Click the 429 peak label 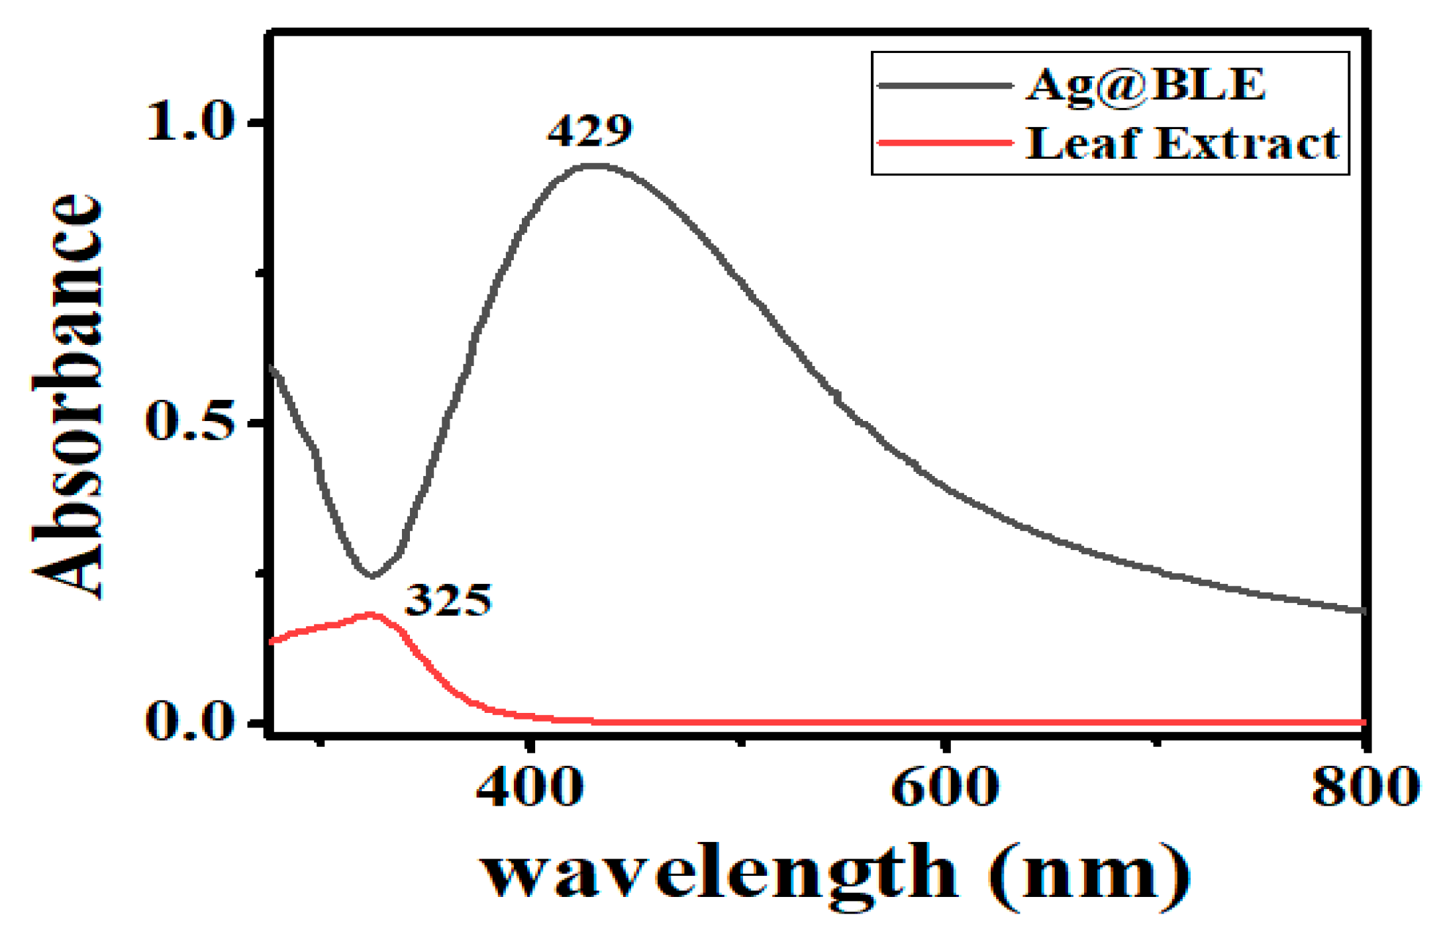(x=589, y=130)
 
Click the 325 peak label (x=448, y=600)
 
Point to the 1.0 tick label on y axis (x=190, y=122)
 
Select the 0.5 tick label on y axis (x=190, y=422)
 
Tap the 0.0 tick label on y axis (x=190, y=721)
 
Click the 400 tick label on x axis (x=530, y=787)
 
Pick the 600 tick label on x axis (x=944, y=787)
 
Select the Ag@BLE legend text (x=1145, y=85)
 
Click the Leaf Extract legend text (x=1183, y=143)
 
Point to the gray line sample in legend (x=944, y=85)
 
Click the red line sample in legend (x=944, y=142)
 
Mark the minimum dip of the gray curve (x=372, y=576)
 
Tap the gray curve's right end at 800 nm (x=1363, y=610)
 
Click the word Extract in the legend (x=1248, y=143)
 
